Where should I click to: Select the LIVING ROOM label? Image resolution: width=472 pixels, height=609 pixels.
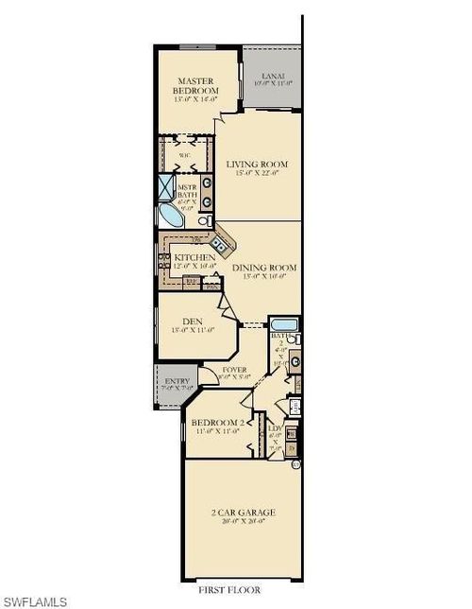(x=258, y=165)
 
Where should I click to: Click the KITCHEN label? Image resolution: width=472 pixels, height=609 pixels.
(x=194, y=257)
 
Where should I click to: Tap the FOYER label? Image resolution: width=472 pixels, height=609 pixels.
(x=233, y=369)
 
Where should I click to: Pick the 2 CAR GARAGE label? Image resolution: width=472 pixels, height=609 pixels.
(x=243, y=512)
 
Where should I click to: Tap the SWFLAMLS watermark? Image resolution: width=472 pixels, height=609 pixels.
(x=32, y=600)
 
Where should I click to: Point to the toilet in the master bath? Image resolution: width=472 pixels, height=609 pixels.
(x=204, y=219)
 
